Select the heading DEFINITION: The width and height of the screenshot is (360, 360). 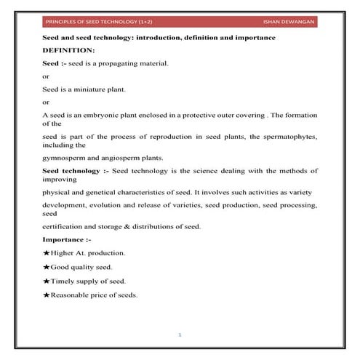[68, 49]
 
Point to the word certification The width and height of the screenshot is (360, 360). [67, 226]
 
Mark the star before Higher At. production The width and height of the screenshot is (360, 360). [47, 253]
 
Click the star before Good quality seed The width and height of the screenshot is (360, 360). [47, 267]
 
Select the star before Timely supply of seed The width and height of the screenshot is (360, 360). [47, 281]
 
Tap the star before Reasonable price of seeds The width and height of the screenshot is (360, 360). [47, 295]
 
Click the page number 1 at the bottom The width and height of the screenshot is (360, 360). [179, 335]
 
